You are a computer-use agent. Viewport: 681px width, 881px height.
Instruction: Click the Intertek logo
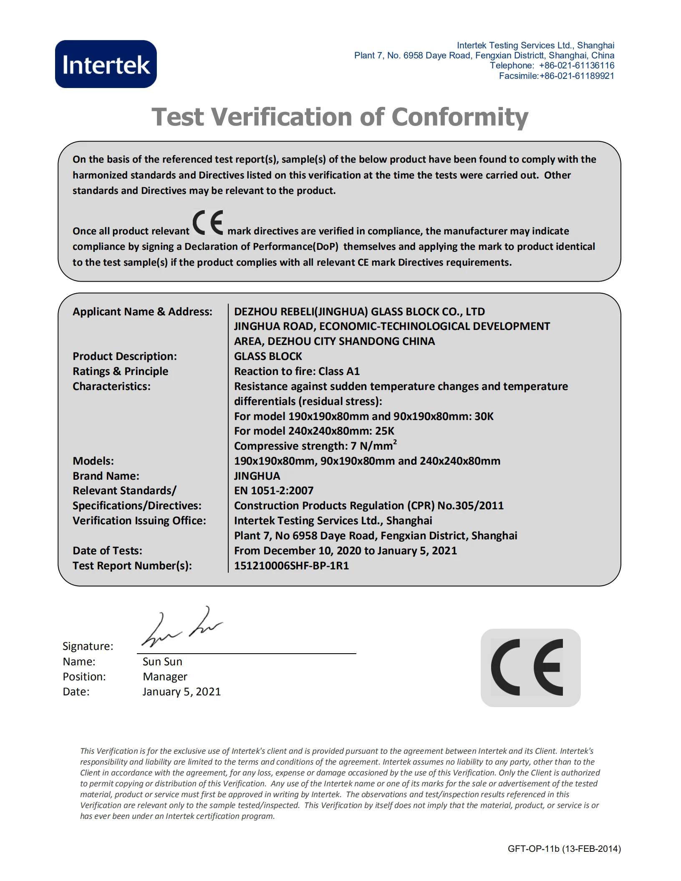click(x=106, y=64)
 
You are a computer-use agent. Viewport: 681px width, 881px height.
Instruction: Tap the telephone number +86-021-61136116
click(x=576, y=65)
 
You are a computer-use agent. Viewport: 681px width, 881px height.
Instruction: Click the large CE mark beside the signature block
click(x=530, y=667)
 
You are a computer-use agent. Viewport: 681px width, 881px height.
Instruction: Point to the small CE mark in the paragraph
click(x=208, y=223)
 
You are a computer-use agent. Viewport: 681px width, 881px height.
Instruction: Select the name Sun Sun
click(x=162, y=662)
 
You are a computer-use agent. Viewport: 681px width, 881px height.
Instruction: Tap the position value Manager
click(x=165, y=677)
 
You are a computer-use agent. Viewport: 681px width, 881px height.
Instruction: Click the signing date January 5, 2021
click(x=182, y=692)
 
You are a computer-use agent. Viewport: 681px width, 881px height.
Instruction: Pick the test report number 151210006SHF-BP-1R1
click(x=291, y=566)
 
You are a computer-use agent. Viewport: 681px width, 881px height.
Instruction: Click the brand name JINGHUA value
click(x=257, y=476)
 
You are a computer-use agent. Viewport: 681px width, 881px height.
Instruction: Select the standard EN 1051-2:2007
click(x=274, y=491)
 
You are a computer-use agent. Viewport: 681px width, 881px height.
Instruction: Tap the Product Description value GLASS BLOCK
click(x=268, y=356)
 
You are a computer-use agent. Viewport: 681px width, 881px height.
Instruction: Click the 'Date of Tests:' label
click(x=107, y=551)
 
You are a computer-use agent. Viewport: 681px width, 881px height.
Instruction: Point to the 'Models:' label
click(x=93, y=461)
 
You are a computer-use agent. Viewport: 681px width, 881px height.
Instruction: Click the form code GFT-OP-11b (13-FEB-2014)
click(x=564, y=848)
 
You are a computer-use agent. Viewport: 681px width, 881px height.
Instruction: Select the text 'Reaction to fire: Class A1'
click(x=297, y=371)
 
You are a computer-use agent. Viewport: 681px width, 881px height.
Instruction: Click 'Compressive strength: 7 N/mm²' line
click(x=315, y=446)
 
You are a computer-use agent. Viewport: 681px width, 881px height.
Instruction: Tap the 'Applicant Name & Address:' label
click(x=142, y=312)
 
